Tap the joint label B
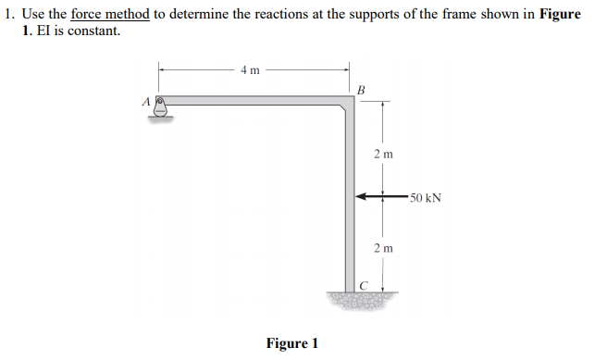(x=362, y=89)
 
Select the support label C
(x=365, y=285)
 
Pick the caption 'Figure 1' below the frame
(x=292, y=343)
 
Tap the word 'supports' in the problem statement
(x=355, y=14)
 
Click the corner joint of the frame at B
(x=349, y=103)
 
